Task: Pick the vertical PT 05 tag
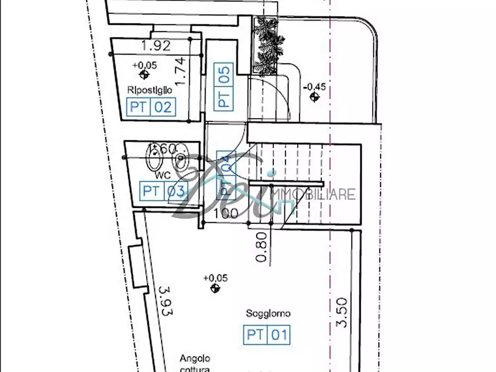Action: [224, 87]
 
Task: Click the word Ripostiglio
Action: [149, 90]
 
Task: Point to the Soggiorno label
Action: [268, 314]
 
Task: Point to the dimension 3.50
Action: [342, 312]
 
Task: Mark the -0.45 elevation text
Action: [315, 87]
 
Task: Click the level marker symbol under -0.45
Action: [315, 98]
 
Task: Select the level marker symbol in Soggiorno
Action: [215, 288]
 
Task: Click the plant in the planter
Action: [268, 44]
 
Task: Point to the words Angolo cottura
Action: [195, 364]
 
